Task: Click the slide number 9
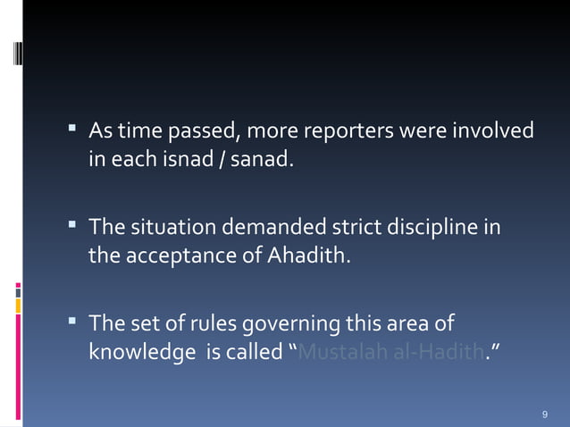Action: pos(545,415)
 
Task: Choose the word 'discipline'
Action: pos(434,228)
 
